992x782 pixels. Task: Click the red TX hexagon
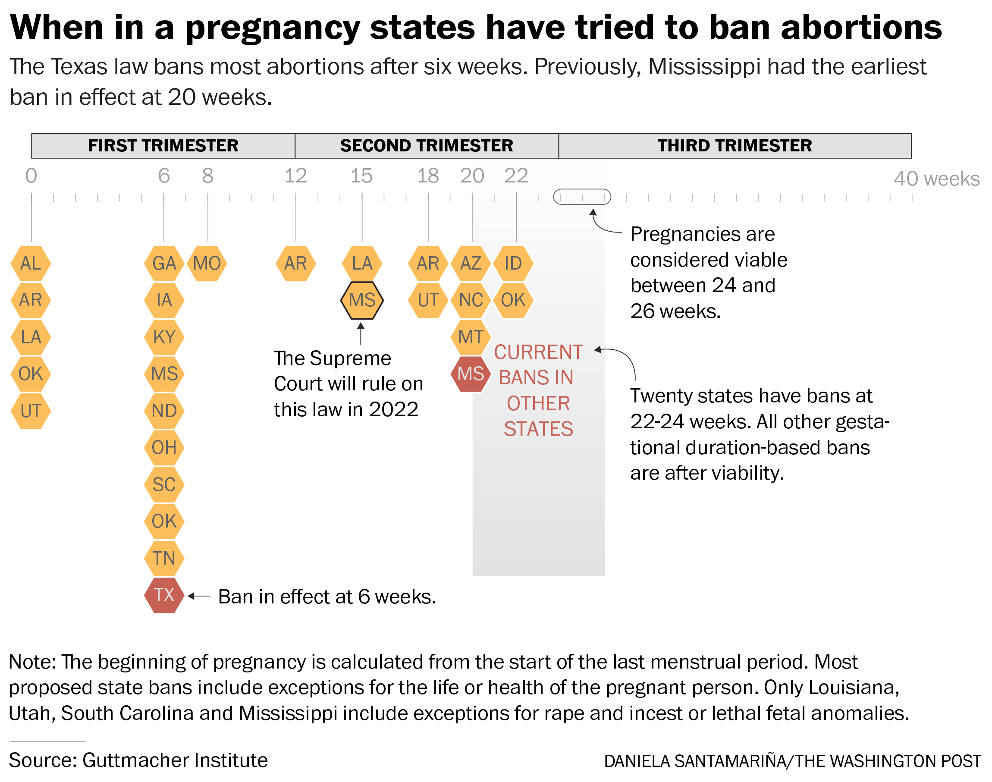tap(164, 595)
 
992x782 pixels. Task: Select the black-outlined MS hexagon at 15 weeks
tap(361, 300)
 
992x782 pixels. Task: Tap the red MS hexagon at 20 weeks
tap(471, 374)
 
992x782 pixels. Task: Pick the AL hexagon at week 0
tap(31, 263)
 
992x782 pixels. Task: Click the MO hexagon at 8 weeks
tap(207, 263)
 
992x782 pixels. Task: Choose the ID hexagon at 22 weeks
tap(513, 263)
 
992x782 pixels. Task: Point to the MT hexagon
tap(471, 337)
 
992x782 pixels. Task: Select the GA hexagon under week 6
tap(164, 263)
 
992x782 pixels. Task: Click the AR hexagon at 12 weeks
tap(295, 263)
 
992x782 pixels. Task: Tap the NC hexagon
tap(471, 300)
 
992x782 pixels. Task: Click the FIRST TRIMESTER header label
tap(163, 146)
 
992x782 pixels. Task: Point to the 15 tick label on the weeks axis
tap(361, 176)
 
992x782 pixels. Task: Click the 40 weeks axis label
tap(936, 179)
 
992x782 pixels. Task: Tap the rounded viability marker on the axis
tap(581, 197)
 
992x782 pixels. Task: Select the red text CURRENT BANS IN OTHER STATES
tap(538, 390)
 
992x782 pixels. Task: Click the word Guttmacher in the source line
tap(135, 760)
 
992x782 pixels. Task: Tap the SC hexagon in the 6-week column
tap(164, 484)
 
